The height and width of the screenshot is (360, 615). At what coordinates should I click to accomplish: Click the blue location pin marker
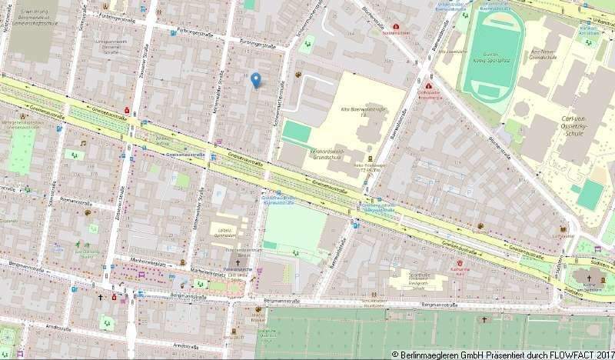tap(256, 78)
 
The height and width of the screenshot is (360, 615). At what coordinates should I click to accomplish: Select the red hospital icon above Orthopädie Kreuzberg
tap(427, 85)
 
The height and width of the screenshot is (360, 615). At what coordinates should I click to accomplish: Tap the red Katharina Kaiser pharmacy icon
tap(460, 262)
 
